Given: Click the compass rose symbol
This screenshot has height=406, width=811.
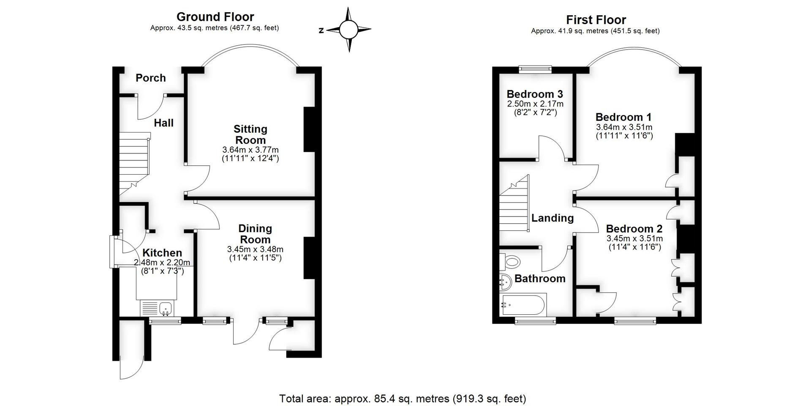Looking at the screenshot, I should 349,30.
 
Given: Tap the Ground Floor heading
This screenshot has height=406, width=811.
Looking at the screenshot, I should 215,17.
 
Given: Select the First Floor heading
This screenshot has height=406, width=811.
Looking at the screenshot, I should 596,20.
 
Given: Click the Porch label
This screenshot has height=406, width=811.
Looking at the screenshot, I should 150,78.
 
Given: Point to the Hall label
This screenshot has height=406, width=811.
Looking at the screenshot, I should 163,123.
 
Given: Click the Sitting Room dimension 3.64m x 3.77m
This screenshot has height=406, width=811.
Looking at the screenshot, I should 250,150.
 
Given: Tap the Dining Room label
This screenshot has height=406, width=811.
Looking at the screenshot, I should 255,234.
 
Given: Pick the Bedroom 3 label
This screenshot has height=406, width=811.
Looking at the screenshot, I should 535,94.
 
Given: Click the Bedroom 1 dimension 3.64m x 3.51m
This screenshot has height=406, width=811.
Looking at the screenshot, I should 624,127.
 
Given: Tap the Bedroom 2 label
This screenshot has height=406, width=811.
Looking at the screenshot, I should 634,229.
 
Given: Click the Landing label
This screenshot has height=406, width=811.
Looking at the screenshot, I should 552,218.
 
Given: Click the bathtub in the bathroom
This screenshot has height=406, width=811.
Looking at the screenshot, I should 523,304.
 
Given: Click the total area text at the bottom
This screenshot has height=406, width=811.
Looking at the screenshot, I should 402,398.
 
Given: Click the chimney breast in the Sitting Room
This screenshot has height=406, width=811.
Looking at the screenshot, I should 309,129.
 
